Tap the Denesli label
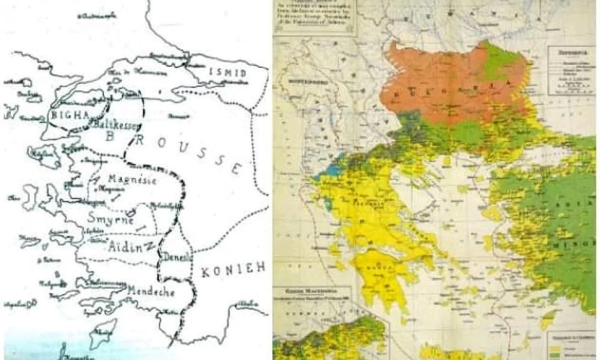(177, 257)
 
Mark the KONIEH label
(233, 269)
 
